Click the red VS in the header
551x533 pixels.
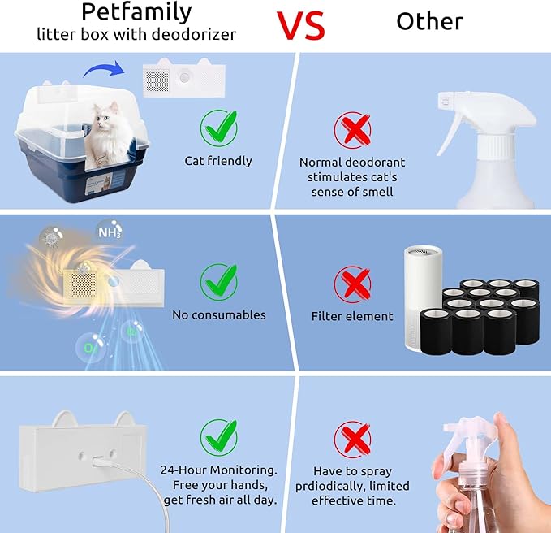pyautogui.click(x=300, y=25)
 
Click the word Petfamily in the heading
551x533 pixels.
pyautogui.click(x=136, y=13)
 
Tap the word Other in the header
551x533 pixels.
pyautogui.click(x=429, y=21)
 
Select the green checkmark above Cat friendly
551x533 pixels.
pyautogui.click(x=219, y=127)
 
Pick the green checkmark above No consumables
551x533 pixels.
pyautogui.click(x=219, y=282)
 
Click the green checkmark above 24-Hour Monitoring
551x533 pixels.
pyautogui.click(x=219, y=437)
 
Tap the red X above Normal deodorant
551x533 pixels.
pyautogui.click(x=352, y=130)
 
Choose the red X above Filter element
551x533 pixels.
pyautogui.click(x=352, y=284)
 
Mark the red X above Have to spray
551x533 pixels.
pyautogui.click(x=352, y=439)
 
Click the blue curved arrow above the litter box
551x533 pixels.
pyautogui.click(x=104, y=67)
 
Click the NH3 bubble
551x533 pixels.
pyautogui.click(x=110, y=232)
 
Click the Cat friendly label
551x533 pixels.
pyautogui.click(x=218, y=161)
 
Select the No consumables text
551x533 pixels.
pyautogui.click(x=219, y=315)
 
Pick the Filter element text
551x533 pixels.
pyautogui.click(x=352, y=316)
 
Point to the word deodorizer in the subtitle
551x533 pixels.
pyautogui.click(x=194, y=34)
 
